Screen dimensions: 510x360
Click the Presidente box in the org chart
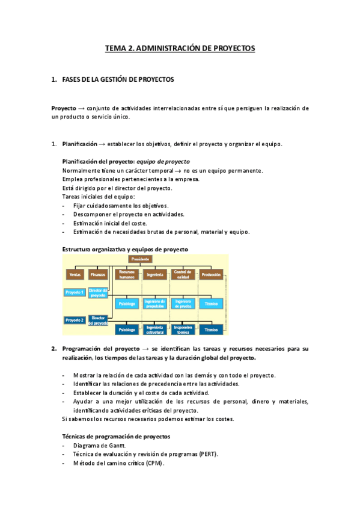(x=140, y=259)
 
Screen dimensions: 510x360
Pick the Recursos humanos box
(x=127, y=275)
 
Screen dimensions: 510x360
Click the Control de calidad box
(x=183, y=275)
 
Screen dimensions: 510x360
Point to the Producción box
(x=211, y=275)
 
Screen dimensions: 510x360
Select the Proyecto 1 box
(x=75, y=292)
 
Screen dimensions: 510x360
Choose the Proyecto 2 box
(x=75, y=320)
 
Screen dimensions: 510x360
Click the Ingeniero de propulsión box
(x=155, y=304)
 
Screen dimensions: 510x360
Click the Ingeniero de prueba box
(x=183, y=304)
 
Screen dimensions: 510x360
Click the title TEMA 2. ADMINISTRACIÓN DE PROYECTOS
(x=180, y=48)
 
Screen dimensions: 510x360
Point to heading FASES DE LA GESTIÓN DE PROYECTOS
(x=118, y=79)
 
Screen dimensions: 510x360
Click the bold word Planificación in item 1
(x=79, y=144)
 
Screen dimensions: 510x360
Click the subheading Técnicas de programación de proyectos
(x=116, y=435)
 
